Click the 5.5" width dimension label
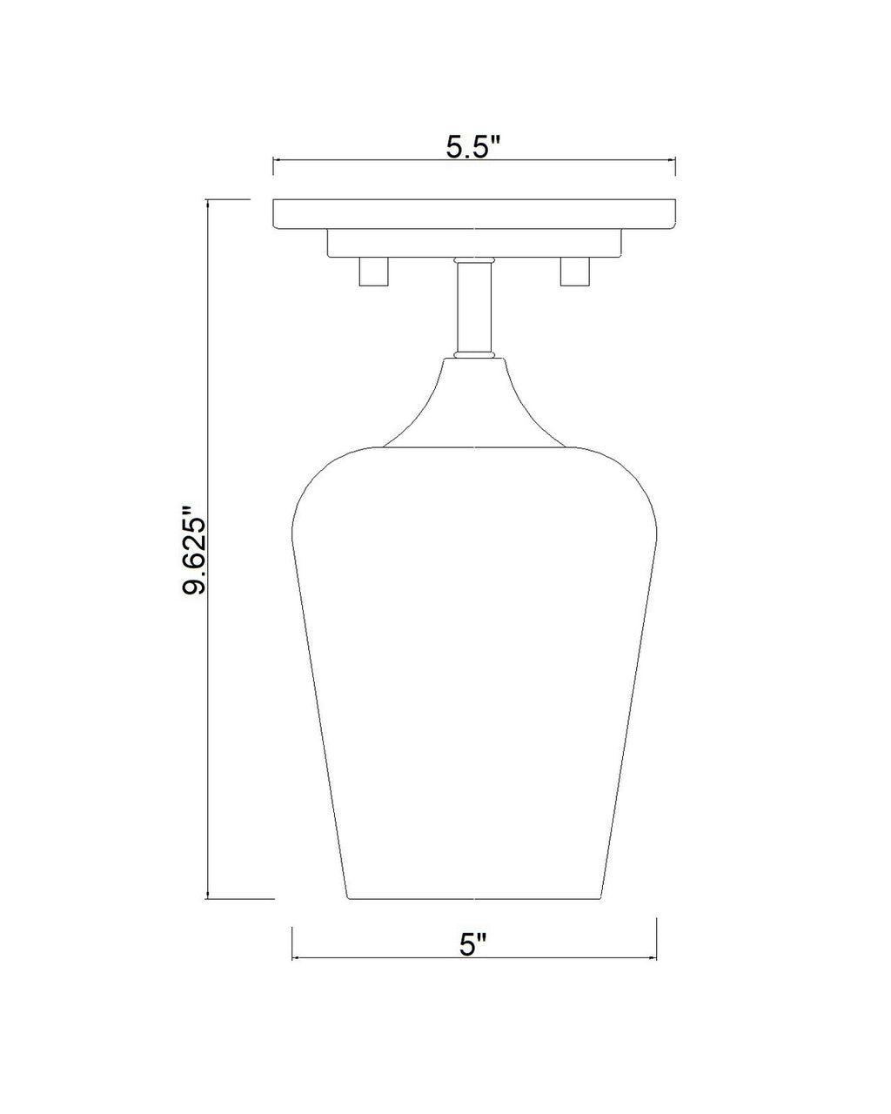tap(472, 148)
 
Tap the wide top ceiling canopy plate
tap(474, 214)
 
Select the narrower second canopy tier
tap(474, 244)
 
